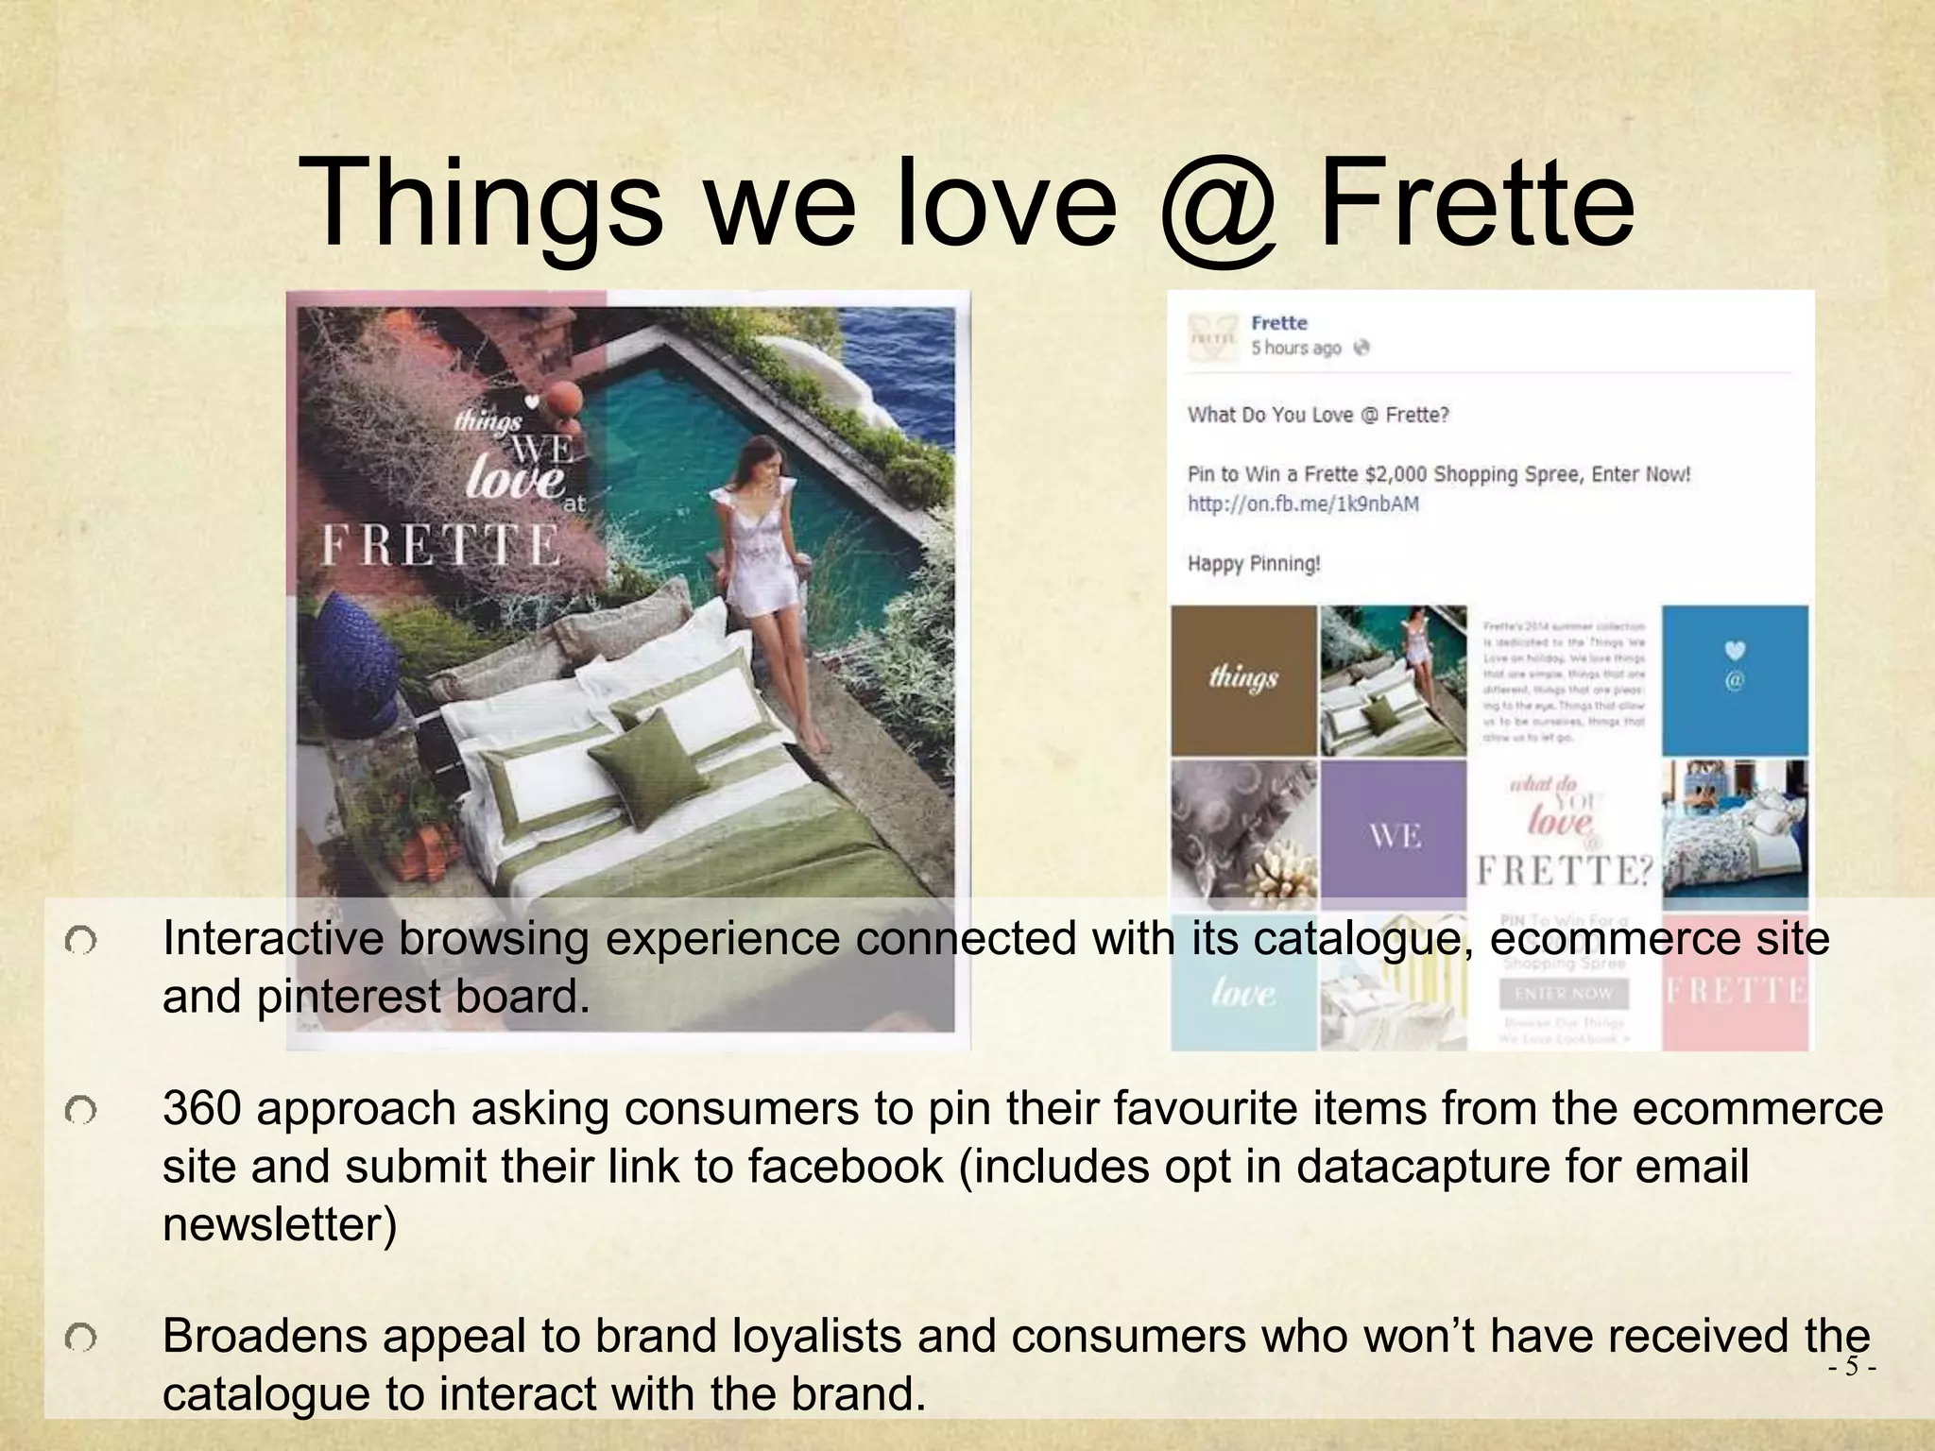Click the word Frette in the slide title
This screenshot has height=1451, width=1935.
tap(1476, 203)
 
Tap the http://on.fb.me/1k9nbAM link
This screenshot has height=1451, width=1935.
tap(1303, 504)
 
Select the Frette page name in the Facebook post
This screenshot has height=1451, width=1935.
tap(1279, 323)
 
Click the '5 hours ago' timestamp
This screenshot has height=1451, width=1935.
tap(1295, 349)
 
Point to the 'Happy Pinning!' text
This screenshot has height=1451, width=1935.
tap(1254, 564)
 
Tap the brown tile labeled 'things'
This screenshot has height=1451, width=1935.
tap(1243, 679)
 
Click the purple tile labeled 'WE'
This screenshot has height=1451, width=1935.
tap(1394, 834)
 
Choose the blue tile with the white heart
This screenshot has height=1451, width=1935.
tap(1735, 679)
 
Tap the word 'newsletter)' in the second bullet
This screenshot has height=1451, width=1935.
tap(280, 1225)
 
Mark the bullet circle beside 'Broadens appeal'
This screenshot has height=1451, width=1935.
tap(81, 1338)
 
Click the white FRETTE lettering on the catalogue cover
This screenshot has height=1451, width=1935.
tap(440, 546)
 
